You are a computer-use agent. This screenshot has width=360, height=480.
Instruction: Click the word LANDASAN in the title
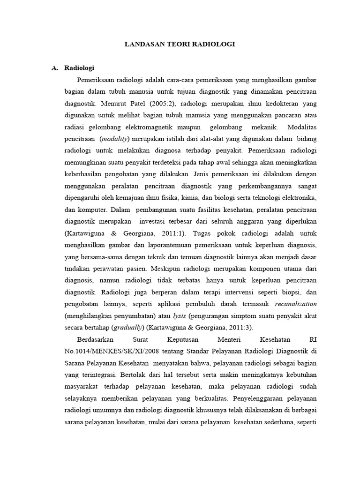point(142,44)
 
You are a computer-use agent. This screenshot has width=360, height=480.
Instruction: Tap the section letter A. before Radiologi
point(54,68)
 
